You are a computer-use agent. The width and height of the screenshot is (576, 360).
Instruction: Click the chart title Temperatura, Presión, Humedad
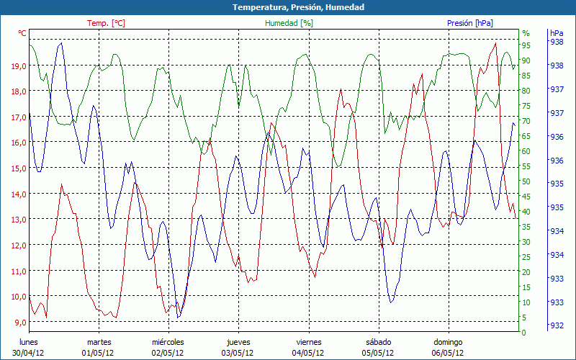tap(288, 7)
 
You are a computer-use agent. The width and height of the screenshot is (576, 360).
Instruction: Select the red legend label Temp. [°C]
tap(106, 23)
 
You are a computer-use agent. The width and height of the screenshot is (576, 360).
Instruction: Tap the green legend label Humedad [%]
tap(289, 23)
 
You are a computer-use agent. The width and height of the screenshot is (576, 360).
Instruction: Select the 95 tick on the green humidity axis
tap(526, 45)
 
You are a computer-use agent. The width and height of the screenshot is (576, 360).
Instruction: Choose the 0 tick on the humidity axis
tap(524, 333)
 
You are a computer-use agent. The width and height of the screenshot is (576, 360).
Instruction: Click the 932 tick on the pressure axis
tap(557, 325)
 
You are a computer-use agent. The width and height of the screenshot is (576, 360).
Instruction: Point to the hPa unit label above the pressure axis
tap(557, 33)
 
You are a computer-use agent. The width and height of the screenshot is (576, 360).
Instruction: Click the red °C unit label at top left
tap(22, 33)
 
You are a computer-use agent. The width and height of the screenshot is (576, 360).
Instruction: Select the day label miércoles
tap(168, 342)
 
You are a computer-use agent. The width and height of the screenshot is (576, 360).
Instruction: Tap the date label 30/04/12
tap(29, 353)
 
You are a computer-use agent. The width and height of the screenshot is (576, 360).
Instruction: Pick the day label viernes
tap(309, 342)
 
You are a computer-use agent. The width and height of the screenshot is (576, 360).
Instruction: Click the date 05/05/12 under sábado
tap(378, 353)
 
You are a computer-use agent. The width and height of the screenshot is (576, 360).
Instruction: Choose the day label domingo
tap(448, 342)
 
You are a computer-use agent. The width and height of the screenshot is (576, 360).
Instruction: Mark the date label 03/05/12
tap(238, 353)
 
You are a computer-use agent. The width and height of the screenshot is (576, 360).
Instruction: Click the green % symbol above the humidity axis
tap(526, 33)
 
